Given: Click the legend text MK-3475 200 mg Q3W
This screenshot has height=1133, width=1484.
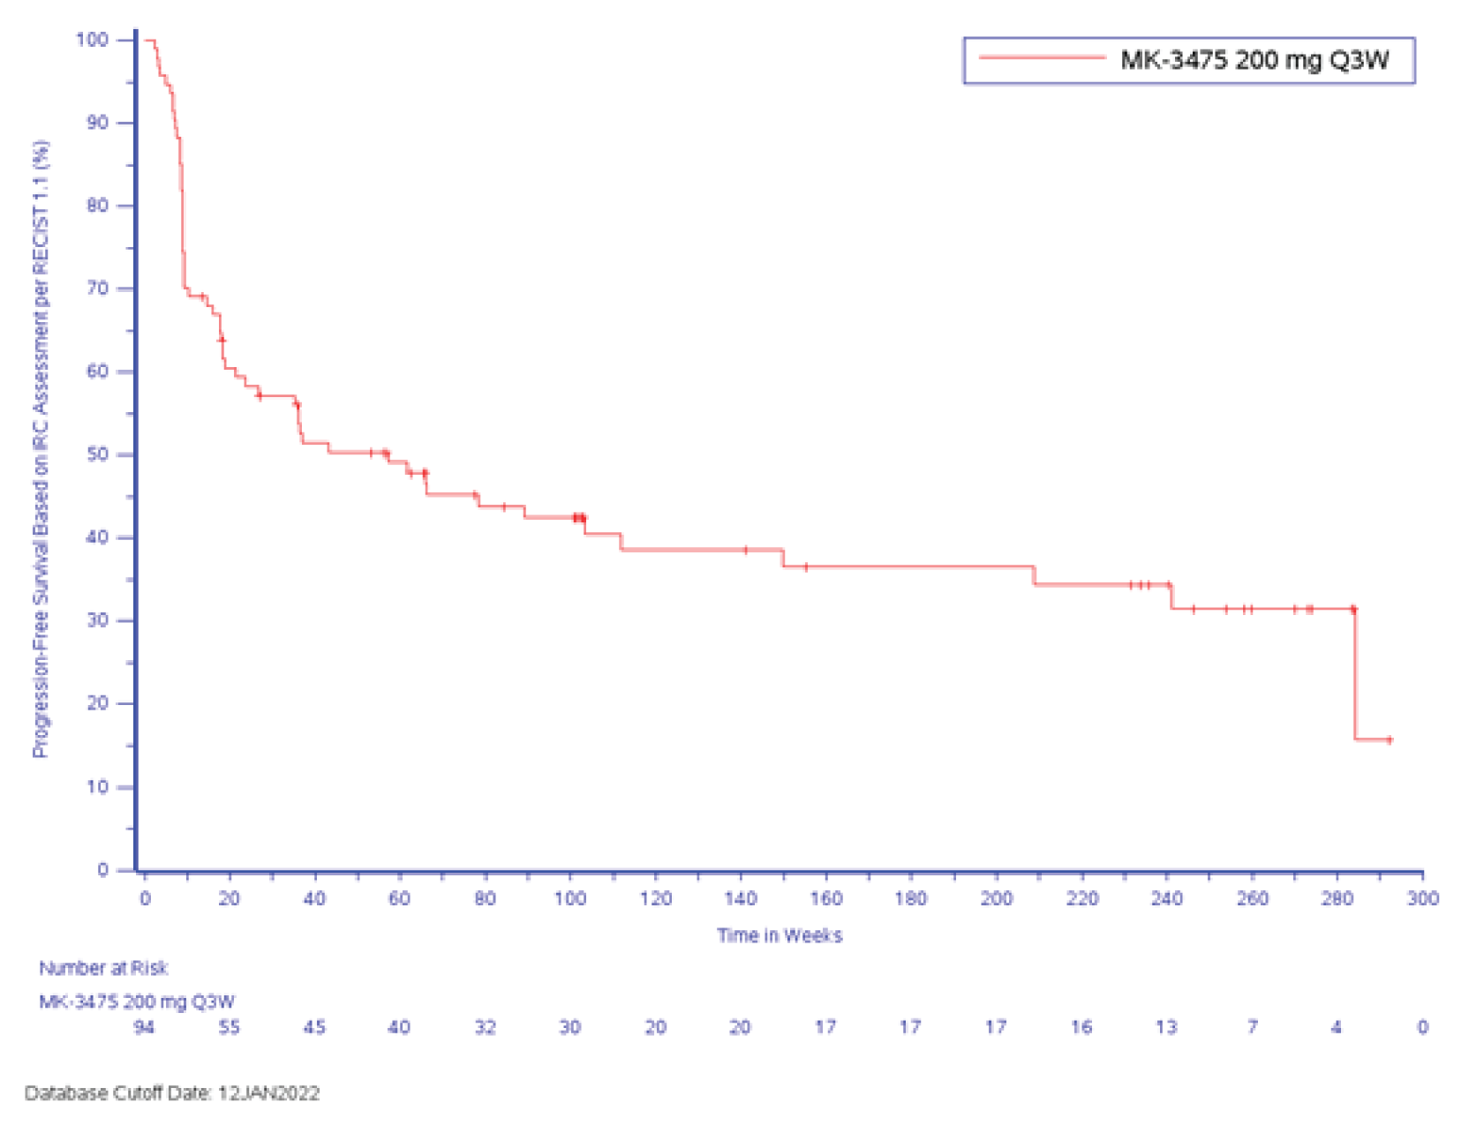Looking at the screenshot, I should click(x=1254, y=60).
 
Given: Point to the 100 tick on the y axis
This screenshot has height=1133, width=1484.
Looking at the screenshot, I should click(x=92, y=40).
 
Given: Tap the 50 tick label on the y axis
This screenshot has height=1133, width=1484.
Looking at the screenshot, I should click(x=97, y=454).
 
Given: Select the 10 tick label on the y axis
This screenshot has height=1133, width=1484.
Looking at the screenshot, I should click(x=97, y=786).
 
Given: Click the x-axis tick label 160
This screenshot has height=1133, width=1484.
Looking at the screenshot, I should click(x=825, y=898).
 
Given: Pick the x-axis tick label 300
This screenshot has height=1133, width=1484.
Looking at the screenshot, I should click(x=1422, y=898).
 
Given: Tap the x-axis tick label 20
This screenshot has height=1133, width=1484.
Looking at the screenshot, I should click(x=229, y=898).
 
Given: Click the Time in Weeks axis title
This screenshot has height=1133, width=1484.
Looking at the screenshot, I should click(x=779, y=935).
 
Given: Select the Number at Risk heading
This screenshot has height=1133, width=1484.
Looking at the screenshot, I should click(x=102, y=968).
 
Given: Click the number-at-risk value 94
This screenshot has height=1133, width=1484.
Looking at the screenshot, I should click(x=144, y=1027).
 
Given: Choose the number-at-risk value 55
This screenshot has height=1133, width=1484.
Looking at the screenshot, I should click(x=229, y=1027).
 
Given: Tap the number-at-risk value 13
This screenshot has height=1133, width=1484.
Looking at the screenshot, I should click(x=1166, y=1027).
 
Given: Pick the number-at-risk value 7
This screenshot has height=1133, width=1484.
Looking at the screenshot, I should click(x=1252, y=1027).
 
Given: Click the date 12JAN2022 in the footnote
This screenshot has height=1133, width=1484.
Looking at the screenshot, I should click(x=268, y=1093).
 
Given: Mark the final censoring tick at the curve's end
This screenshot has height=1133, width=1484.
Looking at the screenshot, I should click(x=1390, y=739).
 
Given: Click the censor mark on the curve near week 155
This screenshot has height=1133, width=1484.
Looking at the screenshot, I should click(x=805, y=566).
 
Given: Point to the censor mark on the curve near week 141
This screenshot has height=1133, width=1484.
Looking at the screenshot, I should click(x=746, y=550).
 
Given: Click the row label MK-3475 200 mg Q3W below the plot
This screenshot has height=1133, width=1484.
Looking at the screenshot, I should click(x=136, y=1002).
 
